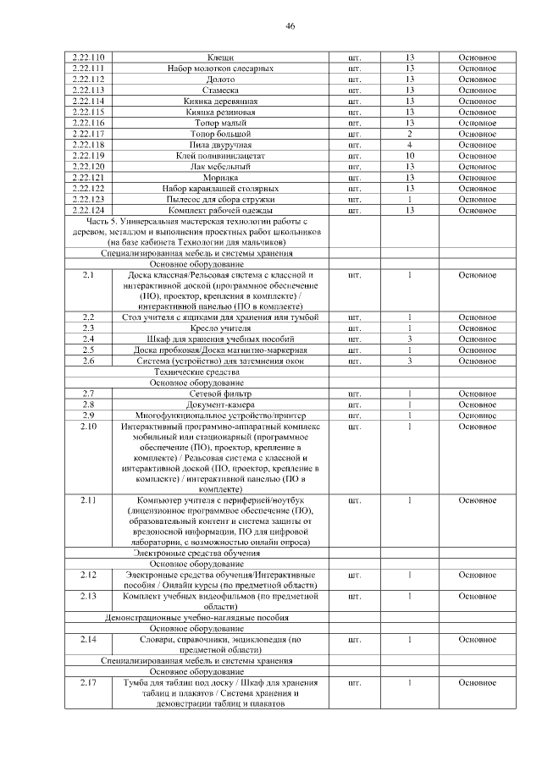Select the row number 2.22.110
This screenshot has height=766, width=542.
[88, 57]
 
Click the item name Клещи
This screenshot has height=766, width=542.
[220, 57]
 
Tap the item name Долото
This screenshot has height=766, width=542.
[220, 79]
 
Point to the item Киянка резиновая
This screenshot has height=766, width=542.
[220, 112]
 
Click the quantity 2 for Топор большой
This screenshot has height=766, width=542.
[409, 134]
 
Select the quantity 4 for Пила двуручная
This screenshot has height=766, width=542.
[409, 145]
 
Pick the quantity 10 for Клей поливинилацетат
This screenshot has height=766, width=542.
[409, 156]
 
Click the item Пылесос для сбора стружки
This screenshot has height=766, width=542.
[220, 199]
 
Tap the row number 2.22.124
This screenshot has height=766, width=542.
[88, 210]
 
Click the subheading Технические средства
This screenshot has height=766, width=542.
[196, 372]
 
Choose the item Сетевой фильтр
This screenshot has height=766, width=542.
[220, 394]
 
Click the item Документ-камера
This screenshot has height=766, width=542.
[220, 405]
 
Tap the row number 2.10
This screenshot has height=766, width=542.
[88, 427]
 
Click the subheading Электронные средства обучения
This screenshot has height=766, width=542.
[196, 553]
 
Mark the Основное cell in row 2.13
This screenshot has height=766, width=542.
[477, 597]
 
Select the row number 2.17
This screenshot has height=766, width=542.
[88, 682]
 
